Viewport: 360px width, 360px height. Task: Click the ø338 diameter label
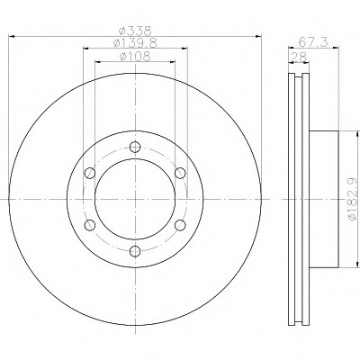click(135, 31)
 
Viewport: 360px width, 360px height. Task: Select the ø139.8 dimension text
click(135, 43)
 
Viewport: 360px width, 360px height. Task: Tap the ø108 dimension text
click(135, 57)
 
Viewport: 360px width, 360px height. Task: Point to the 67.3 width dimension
click(313, 42)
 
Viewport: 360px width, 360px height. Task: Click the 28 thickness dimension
click(299, 57)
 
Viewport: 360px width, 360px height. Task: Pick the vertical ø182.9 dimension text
click(353, 199)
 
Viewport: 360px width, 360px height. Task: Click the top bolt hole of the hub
click(135, 147)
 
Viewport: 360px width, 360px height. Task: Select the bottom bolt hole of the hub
click(135, 251)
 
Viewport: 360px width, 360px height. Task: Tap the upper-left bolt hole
click(90, 173)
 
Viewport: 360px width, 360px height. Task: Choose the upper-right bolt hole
click(180, 173)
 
